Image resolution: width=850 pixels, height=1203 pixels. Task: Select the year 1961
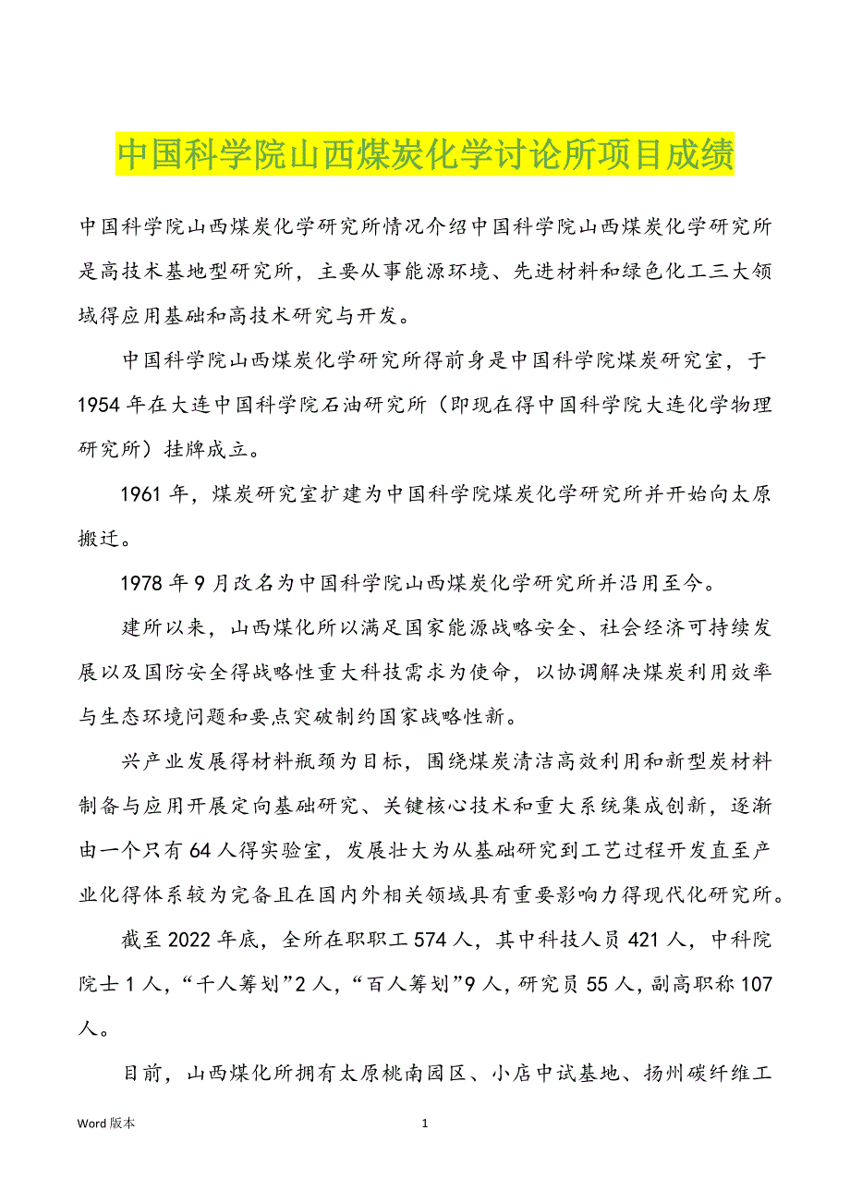(x=141, y=494)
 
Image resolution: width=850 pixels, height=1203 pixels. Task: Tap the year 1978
(x=141, y=583)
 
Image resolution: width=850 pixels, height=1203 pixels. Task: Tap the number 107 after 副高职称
(x=756, y=985)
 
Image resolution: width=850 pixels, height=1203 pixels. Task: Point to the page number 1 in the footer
(x=425, y=1124)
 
